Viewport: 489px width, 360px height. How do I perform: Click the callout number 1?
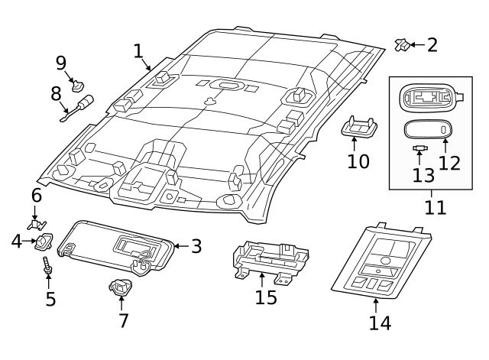pos(138,51)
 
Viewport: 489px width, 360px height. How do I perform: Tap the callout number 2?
pos(432,45)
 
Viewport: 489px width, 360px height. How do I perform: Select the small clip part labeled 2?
pos(401,44)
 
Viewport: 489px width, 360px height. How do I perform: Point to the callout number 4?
pos(17,242)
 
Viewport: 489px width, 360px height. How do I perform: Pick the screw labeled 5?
pos(48,268)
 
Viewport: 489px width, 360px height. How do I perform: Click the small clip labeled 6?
pos(34,224)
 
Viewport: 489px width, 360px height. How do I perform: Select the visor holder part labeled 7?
pos(120,288)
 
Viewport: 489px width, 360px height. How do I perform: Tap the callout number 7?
pos(123,321)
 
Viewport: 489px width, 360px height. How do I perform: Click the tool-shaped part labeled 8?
pos(79,105)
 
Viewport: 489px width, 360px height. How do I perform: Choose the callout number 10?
pos(358,161)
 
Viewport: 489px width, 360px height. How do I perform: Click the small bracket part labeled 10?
pos(358,128)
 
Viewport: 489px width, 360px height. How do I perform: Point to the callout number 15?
pos(266,297)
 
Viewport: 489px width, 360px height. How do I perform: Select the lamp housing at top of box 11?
pos(428,97)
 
